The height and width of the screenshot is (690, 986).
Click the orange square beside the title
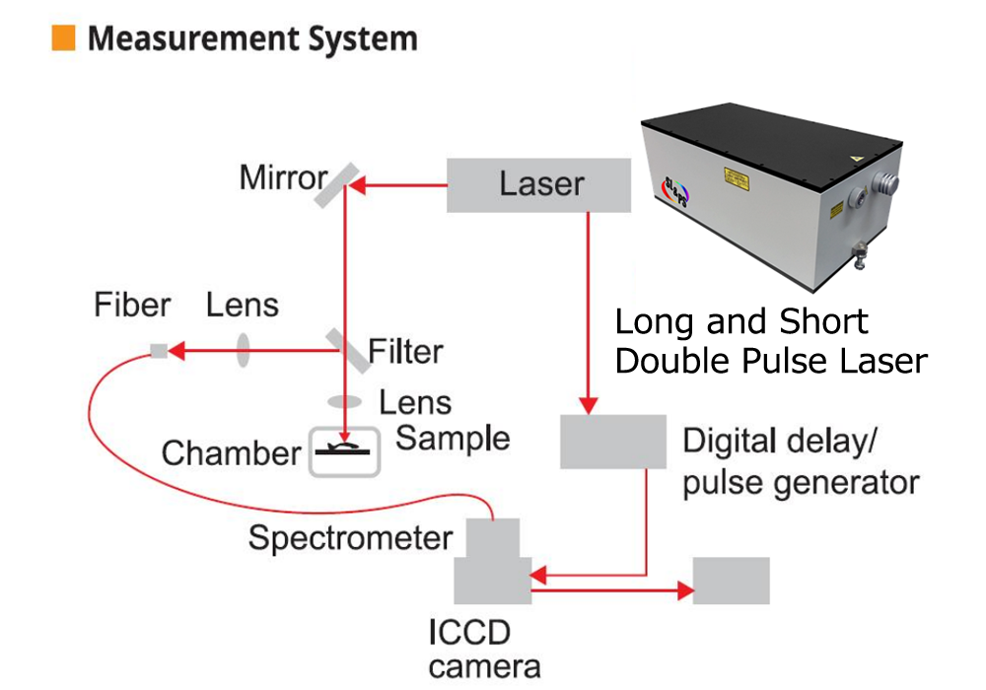coord(63,37)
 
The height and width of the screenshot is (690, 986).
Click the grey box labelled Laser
coord(539,185)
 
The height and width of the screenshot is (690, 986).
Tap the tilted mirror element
coord(337,185)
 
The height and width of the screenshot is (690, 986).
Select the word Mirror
coord(284,177)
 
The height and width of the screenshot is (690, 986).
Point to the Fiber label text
coord(132,305)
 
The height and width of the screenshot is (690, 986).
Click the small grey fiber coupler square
coord(159,351)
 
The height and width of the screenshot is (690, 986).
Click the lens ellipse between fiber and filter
coord(243,350)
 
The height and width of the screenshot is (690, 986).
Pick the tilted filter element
coord(348,351)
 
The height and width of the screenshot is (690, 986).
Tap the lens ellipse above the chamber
coord(344,401)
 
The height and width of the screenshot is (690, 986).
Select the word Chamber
coord(232,453)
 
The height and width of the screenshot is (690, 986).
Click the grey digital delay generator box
coord(613,442)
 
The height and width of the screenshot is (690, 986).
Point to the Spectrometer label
coord(350,538)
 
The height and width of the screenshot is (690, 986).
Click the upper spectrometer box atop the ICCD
coord(493,538)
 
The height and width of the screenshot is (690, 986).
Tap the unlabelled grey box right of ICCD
coord(732,581)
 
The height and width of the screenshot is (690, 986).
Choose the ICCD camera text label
coord(484,650)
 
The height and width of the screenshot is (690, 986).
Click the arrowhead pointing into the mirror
coord(358,185)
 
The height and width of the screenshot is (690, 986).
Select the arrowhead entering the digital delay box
coord(588,405)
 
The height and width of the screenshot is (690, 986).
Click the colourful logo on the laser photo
coord(676,191)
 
